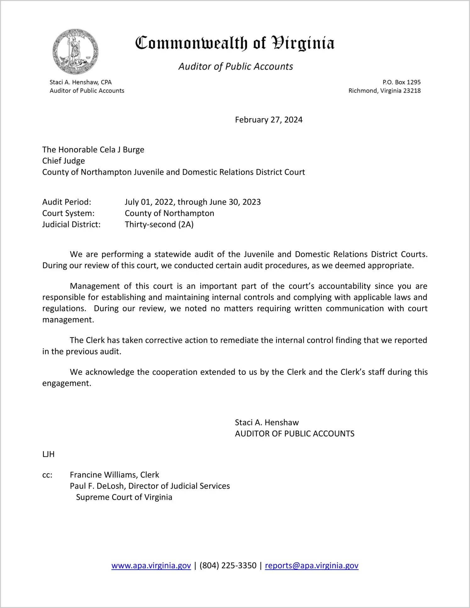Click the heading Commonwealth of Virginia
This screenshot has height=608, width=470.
(x=235, y=43)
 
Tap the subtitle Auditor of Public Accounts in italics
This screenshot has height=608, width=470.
(x=236, y=66)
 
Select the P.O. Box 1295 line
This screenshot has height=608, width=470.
(x=401, y=82)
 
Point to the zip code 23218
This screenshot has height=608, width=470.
(x=412, y=91)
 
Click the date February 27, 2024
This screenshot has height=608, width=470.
(x=269, y=120)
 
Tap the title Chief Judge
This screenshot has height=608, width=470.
(x=64, y=161)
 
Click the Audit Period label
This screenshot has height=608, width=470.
(x=67, y=202)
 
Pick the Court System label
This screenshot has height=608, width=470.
(x=68, y=213)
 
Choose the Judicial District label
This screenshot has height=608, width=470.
(x=71, y=224)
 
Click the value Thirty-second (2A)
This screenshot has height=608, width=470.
(x=159, y=224)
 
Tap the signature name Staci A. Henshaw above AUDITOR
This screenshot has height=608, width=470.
(x=267, y=423)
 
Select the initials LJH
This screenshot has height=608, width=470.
(x=48, y=454)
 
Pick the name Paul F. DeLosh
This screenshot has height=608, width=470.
(x=98, y=486)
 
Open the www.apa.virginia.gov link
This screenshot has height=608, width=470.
(x=151, y=565)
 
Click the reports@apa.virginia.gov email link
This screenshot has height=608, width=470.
(x=311, y=565)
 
